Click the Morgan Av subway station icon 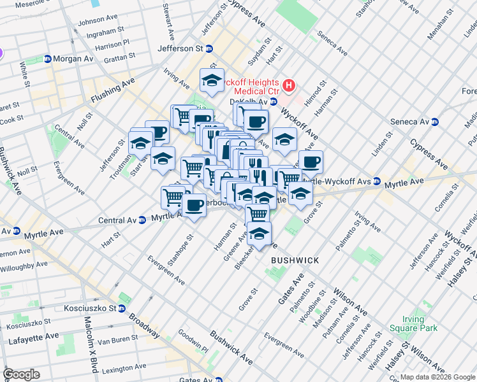click(x=47, y=59)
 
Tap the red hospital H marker click(x=290, y=85)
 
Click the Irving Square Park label click(x=420, y=323)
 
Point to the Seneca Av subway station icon click(x=435, y=122)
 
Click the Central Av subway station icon click(x=143, y=220)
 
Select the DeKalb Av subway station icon click(x=273, y=101)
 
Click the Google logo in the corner click(x=21, y=374)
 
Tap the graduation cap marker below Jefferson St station click(x=212, y=80)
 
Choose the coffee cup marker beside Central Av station click(x=194, y=204)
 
